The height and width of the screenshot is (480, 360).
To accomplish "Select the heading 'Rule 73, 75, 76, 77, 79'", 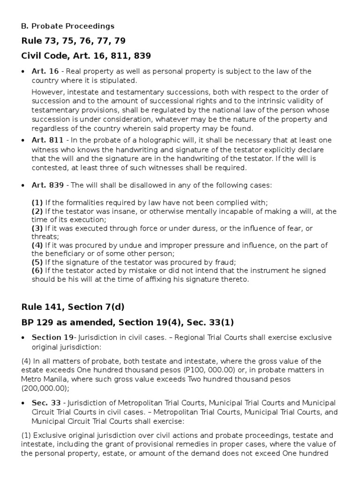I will (x=73, y=41).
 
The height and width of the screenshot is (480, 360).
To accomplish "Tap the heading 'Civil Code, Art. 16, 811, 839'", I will (x=86, y=56).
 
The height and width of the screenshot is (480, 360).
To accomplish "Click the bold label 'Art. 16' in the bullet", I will (x=45, y=71).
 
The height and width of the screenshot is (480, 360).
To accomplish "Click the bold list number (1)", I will (x=37, y=202).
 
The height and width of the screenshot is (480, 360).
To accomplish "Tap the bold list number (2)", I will (x=37, y=211).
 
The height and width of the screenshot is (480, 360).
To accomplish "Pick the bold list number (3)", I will (x=37, y=228).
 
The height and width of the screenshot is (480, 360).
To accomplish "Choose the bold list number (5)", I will (x=37, y=262).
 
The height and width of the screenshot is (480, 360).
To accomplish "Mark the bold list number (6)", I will (x=37, y=271).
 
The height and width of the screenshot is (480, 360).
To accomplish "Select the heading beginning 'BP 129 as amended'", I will (x=127, y=322).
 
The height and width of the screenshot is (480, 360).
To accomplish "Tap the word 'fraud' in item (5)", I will (x=225, y=262).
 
